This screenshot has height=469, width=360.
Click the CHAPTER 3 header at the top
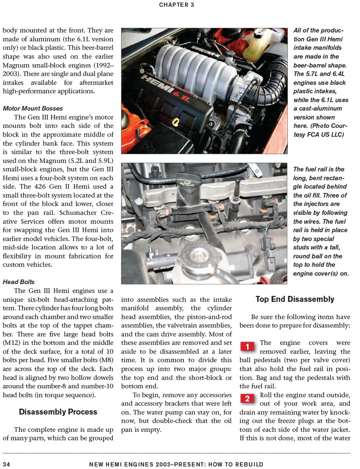177,5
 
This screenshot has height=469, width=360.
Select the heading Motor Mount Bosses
33,108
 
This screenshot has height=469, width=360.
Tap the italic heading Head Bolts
19,282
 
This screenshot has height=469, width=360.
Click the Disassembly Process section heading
58,412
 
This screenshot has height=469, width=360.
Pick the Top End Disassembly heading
295,299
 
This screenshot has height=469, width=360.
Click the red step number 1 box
247,347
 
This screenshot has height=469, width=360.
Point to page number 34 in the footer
6,464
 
